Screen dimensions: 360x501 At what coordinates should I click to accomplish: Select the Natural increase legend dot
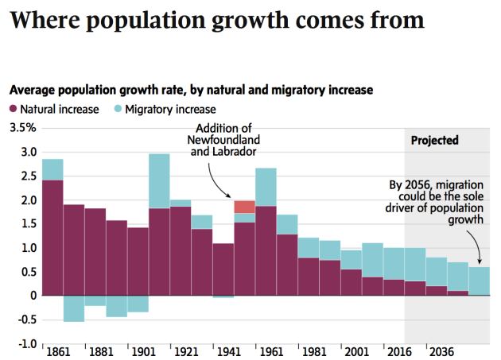(14, 109)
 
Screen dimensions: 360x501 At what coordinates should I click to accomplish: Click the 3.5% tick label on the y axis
(22, 128)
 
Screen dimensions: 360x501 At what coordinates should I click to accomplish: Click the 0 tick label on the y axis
(33, 296)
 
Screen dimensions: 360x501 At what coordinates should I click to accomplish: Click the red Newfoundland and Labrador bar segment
(244, 207)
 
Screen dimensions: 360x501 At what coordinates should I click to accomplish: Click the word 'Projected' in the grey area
(434, 141)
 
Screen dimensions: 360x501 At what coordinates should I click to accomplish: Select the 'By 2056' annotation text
(437, 203)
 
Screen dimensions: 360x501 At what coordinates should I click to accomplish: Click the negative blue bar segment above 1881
(95, 300)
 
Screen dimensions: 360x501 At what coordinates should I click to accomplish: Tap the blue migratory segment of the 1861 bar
(52, 169)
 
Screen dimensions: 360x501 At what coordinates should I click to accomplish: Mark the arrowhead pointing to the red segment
(231, 196)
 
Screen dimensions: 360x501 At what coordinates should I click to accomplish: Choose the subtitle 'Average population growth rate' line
(191, 91)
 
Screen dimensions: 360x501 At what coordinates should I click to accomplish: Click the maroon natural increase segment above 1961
(266, 250)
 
